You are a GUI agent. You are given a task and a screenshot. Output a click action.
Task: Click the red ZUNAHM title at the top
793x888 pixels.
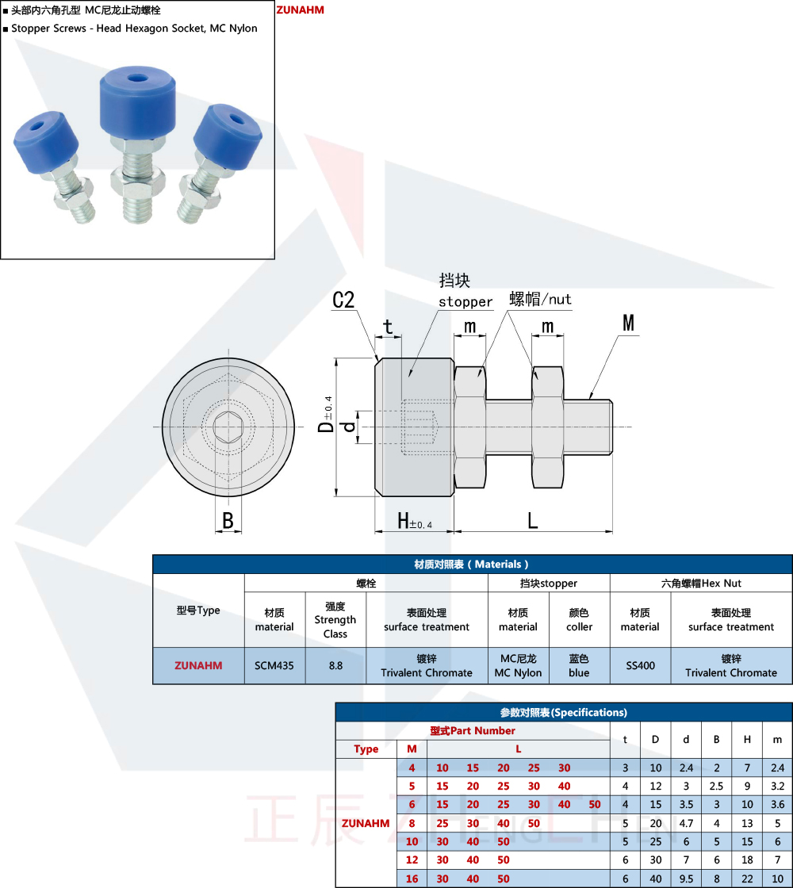coord(300,10)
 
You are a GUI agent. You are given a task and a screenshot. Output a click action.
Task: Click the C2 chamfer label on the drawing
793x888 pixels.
coord(343,300)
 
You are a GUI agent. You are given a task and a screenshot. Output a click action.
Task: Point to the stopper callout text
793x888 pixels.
coord(465,302)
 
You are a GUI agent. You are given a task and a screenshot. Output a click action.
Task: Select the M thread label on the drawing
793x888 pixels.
coord(629,323)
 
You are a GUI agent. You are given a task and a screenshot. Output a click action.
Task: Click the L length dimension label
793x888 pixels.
coord(533,521)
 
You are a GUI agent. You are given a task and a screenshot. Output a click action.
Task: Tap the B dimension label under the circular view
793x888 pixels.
coord(228,521)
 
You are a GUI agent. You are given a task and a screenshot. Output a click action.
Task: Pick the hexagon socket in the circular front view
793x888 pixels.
coord(228,427)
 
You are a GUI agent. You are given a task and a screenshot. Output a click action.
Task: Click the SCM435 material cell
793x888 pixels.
coord(274,665)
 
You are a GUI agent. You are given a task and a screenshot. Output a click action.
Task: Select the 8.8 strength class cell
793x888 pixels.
coord(335,665)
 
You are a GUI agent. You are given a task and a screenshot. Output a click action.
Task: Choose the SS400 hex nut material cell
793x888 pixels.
coord(640,665)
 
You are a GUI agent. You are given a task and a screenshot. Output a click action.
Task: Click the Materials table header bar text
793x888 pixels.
coord(472,564)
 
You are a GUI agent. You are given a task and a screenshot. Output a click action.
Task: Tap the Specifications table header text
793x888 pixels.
coord(563,712)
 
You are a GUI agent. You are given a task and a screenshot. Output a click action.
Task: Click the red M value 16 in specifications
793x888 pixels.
coord(412,878)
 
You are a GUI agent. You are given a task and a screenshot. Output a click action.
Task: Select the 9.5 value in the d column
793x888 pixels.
coord(686,878)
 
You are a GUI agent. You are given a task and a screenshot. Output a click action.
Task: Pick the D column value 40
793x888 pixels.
coord(656,878)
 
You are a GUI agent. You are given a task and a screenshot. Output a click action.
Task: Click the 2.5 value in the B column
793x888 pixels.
coord(716,786)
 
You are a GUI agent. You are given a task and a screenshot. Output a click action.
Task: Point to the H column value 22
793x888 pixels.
coord(747,878)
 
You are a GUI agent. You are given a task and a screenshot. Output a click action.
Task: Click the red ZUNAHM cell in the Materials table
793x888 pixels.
coord(198,665)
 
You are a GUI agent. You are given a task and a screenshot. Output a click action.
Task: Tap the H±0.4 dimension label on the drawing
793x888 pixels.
coord(414,522)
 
